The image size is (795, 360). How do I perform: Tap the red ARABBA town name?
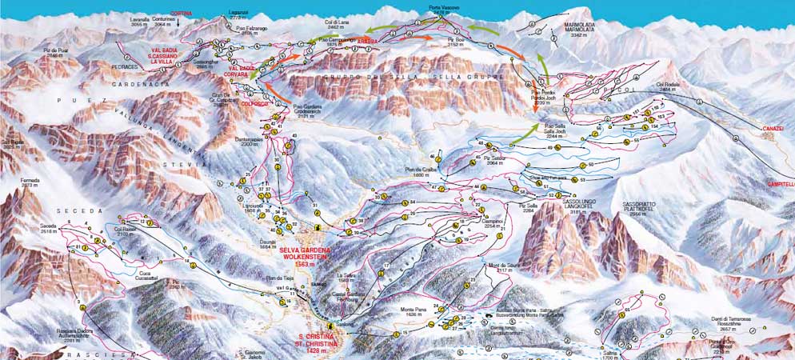click(x=367, y=40)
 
